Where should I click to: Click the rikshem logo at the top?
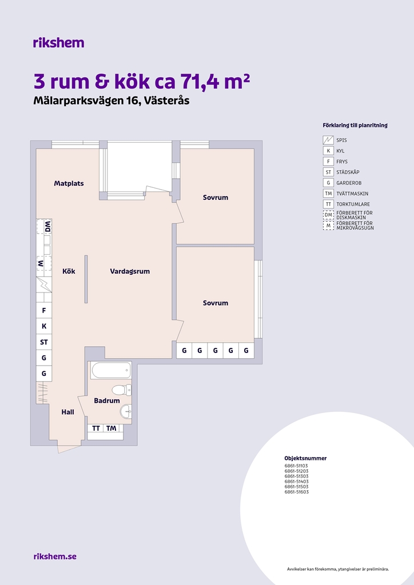click(58, 43)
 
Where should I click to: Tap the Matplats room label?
click(69, 183)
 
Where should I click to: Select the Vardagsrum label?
click(130, 271)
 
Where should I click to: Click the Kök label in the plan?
click(69, 271)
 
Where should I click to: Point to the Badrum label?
click(107, 400)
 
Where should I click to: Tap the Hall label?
click(67, 412)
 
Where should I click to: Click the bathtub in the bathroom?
click(112, 370)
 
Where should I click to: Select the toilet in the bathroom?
click(122, 390)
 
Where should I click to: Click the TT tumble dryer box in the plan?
click(95, 428)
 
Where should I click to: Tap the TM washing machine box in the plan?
click(112, 428)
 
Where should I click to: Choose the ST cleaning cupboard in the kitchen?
click(44, 342)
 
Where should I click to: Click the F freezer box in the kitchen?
click(44, 310)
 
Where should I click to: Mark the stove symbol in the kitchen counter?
click(44, 285)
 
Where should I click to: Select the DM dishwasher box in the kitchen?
click(47, 226)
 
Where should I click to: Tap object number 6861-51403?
click(296, 481)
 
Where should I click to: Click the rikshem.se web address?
click(55, 556)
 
